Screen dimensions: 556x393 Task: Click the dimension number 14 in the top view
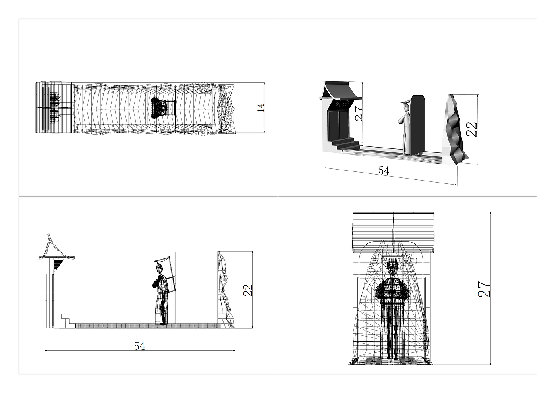pos(261,108)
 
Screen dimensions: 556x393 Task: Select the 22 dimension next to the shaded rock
pos(472,129)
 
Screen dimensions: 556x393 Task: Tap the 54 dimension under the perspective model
pos(384,171)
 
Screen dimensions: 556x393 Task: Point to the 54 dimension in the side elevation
pos(139,346)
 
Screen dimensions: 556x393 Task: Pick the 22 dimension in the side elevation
pos(248,290)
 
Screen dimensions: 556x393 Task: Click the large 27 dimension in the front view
pos(485,289)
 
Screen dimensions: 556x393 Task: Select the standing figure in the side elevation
pos(161,294)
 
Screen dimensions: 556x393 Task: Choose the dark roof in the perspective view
pos(342,90)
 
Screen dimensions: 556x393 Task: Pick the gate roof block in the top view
pos(54,107)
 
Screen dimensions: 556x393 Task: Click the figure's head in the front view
pos(393,270)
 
